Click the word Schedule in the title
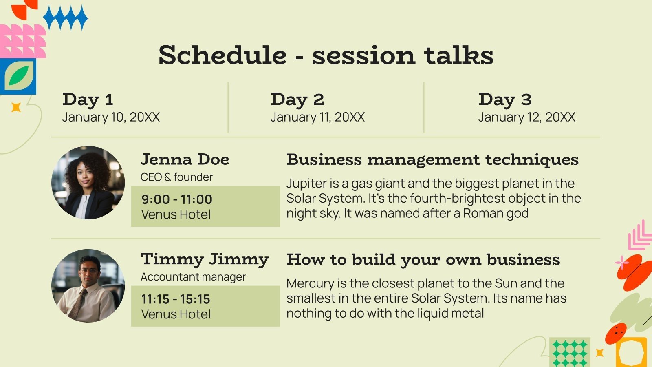click(x=222, y=55)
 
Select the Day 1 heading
click(x=88, y=99)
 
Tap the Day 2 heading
click(x=297, y=99)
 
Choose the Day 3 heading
click(x=505, y=99)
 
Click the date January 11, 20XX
click(x=317, y=117)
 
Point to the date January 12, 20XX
click(x=526, y=117)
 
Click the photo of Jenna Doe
click(x=88, y=183)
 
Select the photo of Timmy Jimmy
click(x=88, y=286)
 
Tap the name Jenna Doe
click(x=185, y=159)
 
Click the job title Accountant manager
click(x=193, y=277)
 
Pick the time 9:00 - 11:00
click(x=177, y=199)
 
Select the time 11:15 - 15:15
click(x=176, y=299)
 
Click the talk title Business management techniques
click(x=432, y=160)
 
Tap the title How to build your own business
click(x=423, y=260)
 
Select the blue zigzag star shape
click(x=66, y=18)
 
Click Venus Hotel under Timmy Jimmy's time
click(x=176, y=314)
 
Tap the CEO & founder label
click(x=177, y=177)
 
